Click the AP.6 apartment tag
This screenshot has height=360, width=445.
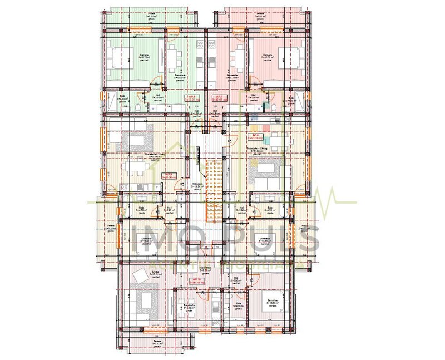[x=255, y=136]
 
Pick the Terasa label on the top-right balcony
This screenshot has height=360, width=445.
[x=259, y=14]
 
